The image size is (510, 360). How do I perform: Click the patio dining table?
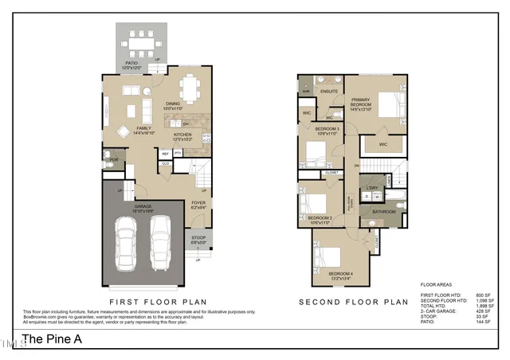click(143, 40)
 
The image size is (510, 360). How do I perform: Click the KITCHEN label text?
click(184, 135)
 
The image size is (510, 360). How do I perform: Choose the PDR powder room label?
click(114, 159)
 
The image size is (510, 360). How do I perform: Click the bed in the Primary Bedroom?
click(386, 104)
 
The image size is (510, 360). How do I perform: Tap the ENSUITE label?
click(329, 92)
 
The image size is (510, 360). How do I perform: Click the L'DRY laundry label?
click(372, 188)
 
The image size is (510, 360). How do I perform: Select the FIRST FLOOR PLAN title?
click(158, 302)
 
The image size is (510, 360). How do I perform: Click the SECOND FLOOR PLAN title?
click(353, 302)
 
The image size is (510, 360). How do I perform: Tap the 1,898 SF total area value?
click(484, 306)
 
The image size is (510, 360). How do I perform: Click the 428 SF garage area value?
click(486, 311)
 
